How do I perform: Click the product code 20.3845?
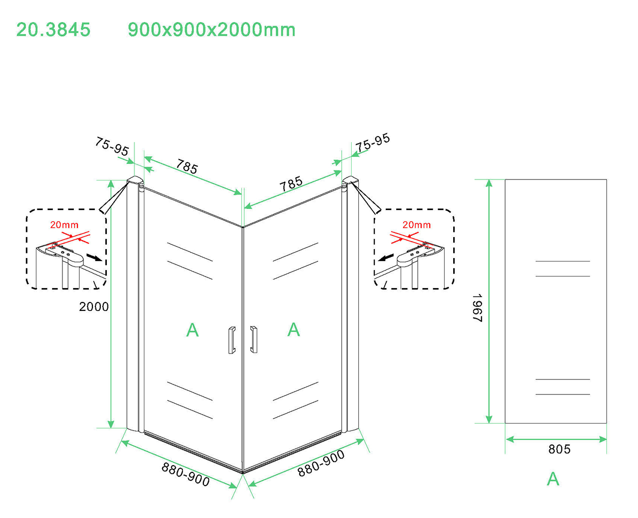tap(53, 29)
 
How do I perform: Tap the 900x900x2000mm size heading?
tap(211, 29)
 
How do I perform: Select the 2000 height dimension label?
tap(94, 306)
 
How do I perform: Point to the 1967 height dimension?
tap(478, 307)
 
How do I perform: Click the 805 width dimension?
tap(559, 449)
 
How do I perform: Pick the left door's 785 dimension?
tap(187, 166)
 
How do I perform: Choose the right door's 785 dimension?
tap(291, 184)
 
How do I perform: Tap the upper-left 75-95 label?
tap(112, 146)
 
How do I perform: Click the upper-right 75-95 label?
tap(373, 142)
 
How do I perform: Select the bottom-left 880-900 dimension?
tap(186, 474)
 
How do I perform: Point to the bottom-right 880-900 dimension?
tap(321, 463)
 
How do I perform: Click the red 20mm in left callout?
tap(64, 225)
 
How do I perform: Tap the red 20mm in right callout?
tap(416, 225)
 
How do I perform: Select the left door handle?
tap(231, 340)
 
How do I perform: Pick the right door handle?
tap(254, 339)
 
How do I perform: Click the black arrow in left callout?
tap(94, 257)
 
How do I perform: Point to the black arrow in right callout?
tap(386, 257)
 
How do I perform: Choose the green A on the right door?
tap(294, 329)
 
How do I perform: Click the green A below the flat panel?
tap(553, 478)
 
